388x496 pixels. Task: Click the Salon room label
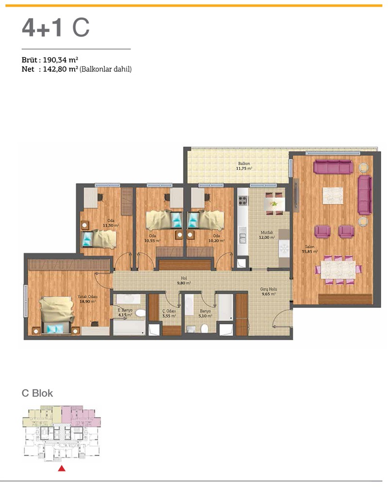tap(309, 249)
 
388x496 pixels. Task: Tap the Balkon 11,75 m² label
tap(244, 166)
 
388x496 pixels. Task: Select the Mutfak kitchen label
tap(267, 235)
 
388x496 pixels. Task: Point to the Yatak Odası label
tap(87, 299)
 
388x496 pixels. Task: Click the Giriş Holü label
tap(268, 291)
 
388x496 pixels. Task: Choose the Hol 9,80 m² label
tap(184, 281)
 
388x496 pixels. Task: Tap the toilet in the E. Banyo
tap(140, 313)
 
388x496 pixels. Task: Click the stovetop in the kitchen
tap(242, 201)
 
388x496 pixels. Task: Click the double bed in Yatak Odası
tap(56, 315)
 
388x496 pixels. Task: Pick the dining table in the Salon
tap(338, 269)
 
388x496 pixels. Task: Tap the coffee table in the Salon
tap(333, 195)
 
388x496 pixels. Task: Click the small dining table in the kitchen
tap(274, 204)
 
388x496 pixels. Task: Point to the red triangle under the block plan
tap(62, 468)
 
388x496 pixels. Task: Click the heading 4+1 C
tap(56, 28)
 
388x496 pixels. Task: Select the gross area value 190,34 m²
tap(61, 60)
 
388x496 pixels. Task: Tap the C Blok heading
tap(37, 393)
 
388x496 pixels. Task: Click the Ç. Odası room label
tap(169, 314)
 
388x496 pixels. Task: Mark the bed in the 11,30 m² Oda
tap(99, 239)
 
